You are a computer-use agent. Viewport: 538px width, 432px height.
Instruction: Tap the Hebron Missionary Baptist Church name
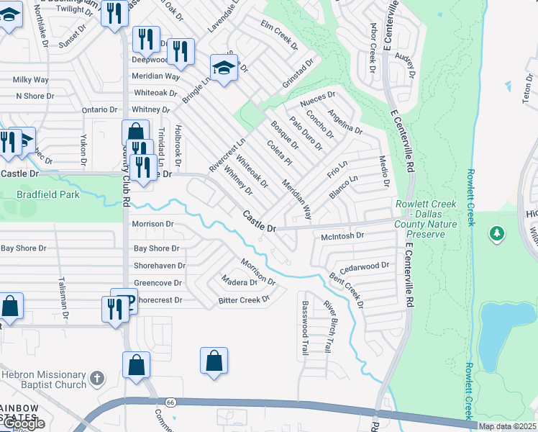coord(43,379)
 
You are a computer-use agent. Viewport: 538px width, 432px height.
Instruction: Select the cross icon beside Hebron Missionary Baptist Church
coord(97,378)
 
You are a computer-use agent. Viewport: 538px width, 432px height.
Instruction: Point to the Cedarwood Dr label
coord(364,266)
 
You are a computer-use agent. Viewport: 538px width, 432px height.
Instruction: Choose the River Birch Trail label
coord(327,325)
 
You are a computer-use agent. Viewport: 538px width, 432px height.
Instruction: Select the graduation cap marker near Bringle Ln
coord(224,69)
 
